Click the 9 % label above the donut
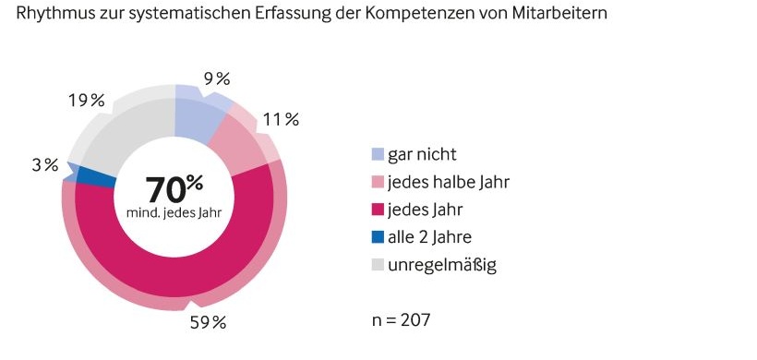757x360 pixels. coord(217,78)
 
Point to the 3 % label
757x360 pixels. coord(44,165)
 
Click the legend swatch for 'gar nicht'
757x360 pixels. coord(377,154)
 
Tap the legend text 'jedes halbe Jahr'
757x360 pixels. coord(449,182)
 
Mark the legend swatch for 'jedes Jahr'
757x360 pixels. coord(377,210)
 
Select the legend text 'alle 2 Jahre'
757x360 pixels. coord(433,237)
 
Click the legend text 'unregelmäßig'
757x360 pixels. coord(442,266)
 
